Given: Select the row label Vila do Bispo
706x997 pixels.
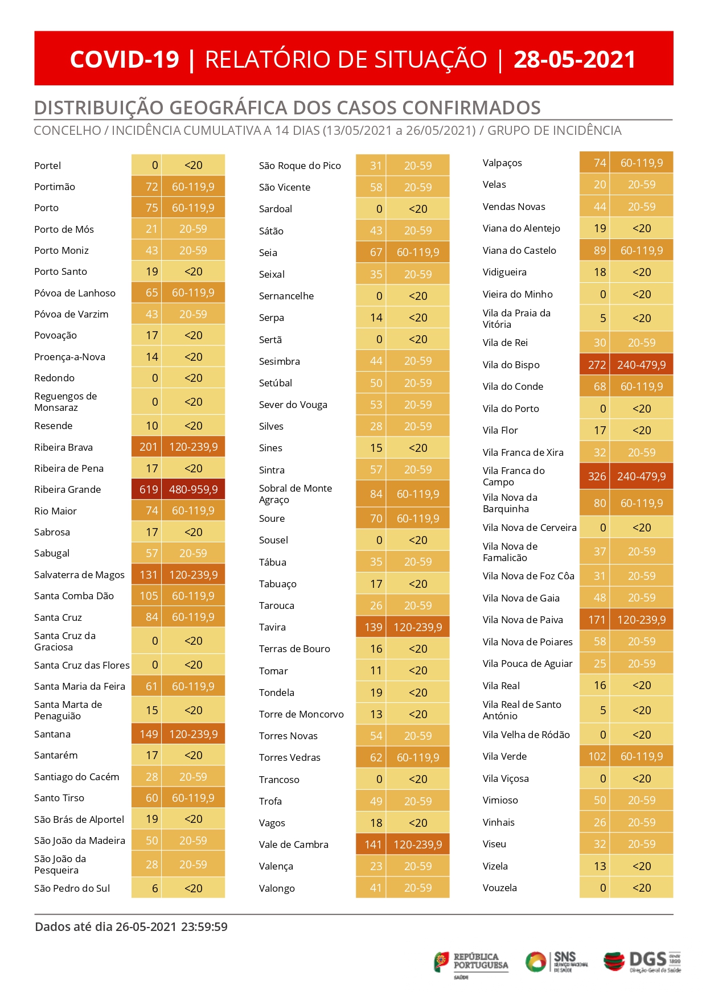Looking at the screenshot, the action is click(x=511, y=365).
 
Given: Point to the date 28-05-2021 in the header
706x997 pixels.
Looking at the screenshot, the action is click(x=574, y=59).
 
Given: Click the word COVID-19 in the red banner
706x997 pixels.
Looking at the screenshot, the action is click(x=124, y=59).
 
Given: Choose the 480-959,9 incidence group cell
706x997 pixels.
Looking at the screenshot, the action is click(x=194, y=489).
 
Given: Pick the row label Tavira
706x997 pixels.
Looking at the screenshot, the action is click(x=272, y=627).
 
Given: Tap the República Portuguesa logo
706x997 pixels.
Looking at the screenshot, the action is click(x=471, y=963).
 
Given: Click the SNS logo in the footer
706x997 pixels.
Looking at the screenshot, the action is click(x=557, y=962).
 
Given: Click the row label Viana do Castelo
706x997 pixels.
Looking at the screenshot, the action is click(x=519, y=250).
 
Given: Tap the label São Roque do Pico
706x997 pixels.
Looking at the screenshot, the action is click(x=300, y=166).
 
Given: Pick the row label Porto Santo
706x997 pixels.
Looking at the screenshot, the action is click(x=60, y=271).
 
